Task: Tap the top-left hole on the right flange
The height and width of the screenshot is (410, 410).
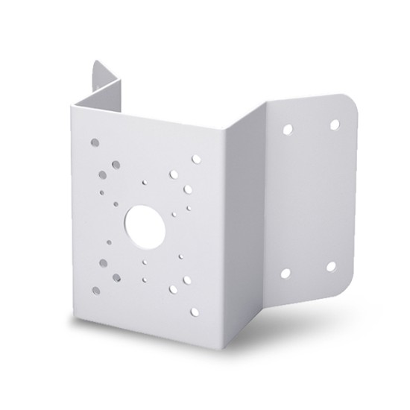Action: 288,130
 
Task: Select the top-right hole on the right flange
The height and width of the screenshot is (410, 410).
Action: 335,123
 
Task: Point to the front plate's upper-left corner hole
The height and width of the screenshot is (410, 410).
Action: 95,139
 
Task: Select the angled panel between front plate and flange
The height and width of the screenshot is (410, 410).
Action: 239,224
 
